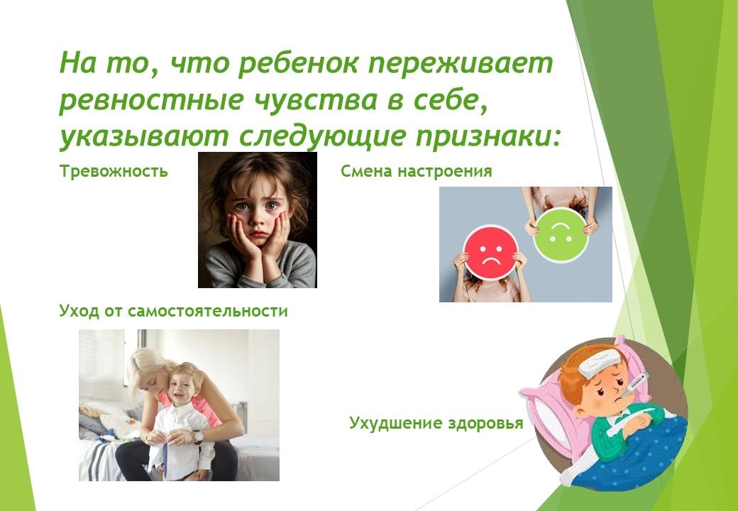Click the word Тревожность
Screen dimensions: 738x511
(114, 171)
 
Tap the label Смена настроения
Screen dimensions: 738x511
(416, 171)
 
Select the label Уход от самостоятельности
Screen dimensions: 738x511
(173, 311)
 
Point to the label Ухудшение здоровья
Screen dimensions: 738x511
(436, 423)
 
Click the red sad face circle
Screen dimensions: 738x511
(490, 253)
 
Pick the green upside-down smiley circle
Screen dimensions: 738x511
(561, 235)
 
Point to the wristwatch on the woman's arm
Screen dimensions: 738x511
(198, 436)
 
